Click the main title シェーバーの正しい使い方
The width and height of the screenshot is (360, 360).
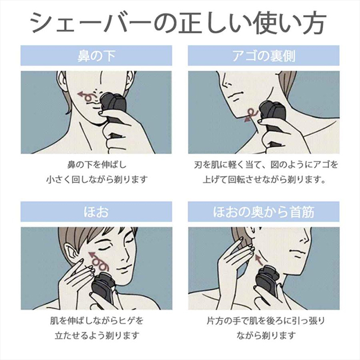[x=178, y=22]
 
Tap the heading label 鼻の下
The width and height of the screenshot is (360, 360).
[x=96, y=56]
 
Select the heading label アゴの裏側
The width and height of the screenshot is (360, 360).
[x=264, y=56]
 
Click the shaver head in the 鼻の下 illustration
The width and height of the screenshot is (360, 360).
[x=114, y=103]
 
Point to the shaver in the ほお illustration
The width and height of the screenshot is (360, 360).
[x=103, y=287]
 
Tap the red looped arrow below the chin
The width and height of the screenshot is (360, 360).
[x=251, y=115]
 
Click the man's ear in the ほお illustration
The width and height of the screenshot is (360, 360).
[x=70, y=253]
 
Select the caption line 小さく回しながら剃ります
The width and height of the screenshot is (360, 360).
[x=96, y=179]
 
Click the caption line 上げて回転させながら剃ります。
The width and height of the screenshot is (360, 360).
[x=264, y=179]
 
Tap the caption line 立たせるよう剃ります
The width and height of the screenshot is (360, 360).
[x=97, y=335]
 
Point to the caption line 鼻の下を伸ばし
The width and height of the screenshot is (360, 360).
[x=96, y=164]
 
